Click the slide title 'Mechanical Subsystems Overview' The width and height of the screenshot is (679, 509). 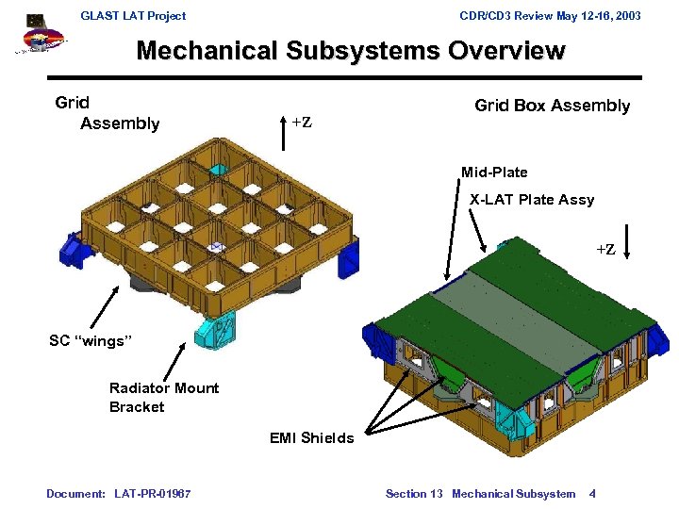click(x=350, y=51)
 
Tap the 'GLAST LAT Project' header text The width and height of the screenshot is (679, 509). click(x=133, y=15)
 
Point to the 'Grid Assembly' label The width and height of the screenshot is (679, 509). click(x=107, y=113)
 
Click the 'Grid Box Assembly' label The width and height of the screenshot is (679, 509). click(x=552, y=106)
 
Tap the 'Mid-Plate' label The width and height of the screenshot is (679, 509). click(x=494, y=172)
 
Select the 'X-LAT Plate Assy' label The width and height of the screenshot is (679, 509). click(x=532, y=200)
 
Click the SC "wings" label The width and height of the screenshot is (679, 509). click(x=87, y=341)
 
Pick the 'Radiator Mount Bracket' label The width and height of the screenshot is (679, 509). click(x=163, y=398)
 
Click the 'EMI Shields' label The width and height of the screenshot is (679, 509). click(x=311, y=437)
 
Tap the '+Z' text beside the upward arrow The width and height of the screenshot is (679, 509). click(x=302, y=123)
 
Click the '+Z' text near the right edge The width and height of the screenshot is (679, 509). click(x=604, y=250)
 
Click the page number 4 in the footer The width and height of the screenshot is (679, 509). click(x=591, y=494)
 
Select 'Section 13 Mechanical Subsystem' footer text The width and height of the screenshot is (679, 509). click(x=480, y=494)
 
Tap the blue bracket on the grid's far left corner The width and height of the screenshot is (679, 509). click(x=74, y=247)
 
